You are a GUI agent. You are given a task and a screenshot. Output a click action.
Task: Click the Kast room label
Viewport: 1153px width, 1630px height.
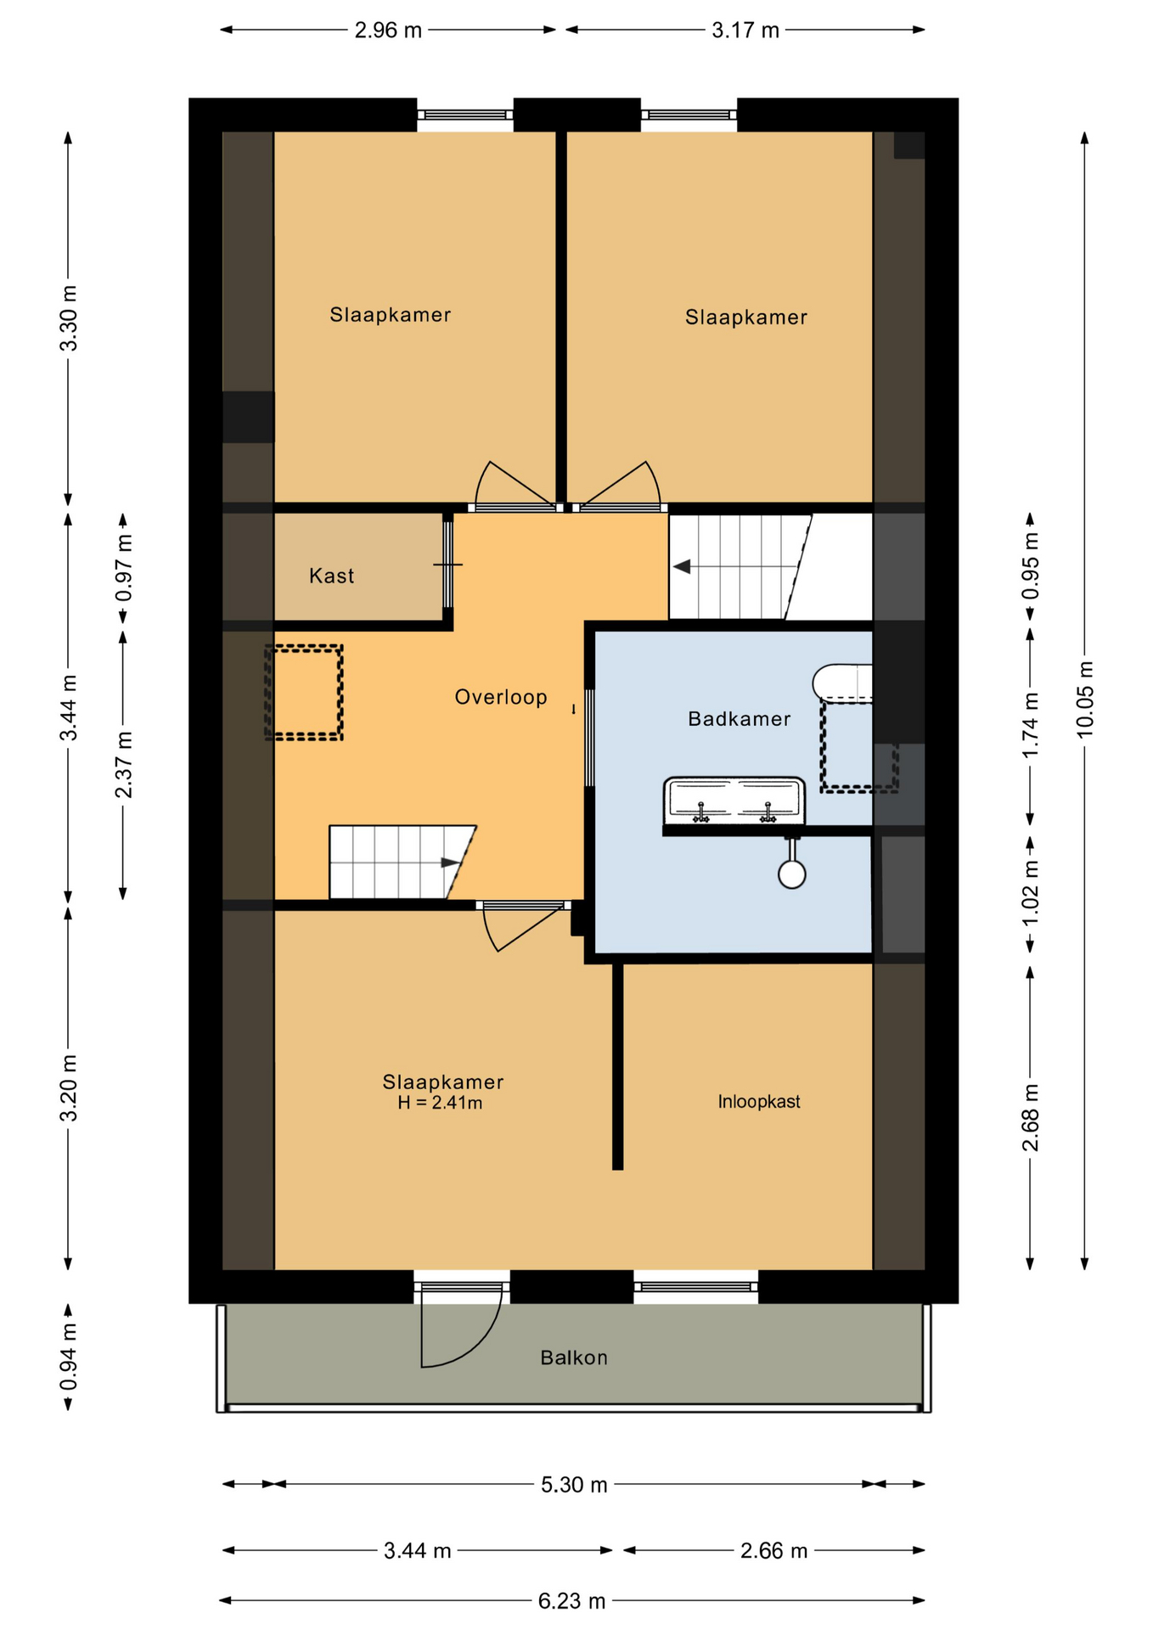(331, 576)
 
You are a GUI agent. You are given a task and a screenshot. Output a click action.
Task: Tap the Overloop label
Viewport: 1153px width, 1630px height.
(501, 697)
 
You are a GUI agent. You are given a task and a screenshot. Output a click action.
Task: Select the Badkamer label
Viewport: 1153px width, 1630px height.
(740, 719)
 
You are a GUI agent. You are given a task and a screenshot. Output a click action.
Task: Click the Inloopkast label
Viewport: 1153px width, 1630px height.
(759, 1101)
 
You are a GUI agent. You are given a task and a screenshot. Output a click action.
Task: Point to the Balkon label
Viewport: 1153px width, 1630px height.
(574, 1357)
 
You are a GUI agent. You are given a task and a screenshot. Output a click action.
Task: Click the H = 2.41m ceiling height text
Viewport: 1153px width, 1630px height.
(440, 1103)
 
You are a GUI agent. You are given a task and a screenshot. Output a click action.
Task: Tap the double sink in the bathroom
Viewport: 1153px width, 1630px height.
(734, 801)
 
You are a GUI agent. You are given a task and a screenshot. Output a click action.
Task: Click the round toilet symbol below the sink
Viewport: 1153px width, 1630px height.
(792, 874)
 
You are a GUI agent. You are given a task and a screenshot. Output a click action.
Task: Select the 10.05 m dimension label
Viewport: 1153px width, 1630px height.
(1085, 700)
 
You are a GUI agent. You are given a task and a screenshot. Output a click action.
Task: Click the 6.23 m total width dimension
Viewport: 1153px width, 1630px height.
(571, 1601)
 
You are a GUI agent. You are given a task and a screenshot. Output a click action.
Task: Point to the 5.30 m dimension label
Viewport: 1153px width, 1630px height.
(574, 1485)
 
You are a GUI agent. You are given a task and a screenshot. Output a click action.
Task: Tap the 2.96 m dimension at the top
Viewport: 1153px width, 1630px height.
(388, 31)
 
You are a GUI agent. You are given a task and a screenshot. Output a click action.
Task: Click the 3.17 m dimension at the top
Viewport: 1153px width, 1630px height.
(745, 31)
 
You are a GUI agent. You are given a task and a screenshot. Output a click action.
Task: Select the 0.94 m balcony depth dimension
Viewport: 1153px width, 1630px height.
(69, 1357)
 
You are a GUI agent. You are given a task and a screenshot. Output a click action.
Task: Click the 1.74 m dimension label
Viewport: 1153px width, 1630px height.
(1030, 726)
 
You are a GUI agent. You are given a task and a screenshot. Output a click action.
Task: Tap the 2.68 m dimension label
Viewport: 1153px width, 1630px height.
(1030, 1117)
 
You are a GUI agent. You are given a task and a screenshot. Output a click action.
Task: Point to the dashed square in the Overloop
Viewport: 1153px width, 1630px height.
(303, 693)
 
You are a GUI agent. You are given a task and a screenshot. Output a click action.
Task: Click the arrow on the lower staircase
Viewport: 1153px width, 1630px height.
(450, 863)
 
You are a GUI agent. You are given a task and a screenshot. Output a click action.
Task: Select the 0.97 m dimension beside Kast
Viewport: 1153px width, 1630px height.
(124, 568)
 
